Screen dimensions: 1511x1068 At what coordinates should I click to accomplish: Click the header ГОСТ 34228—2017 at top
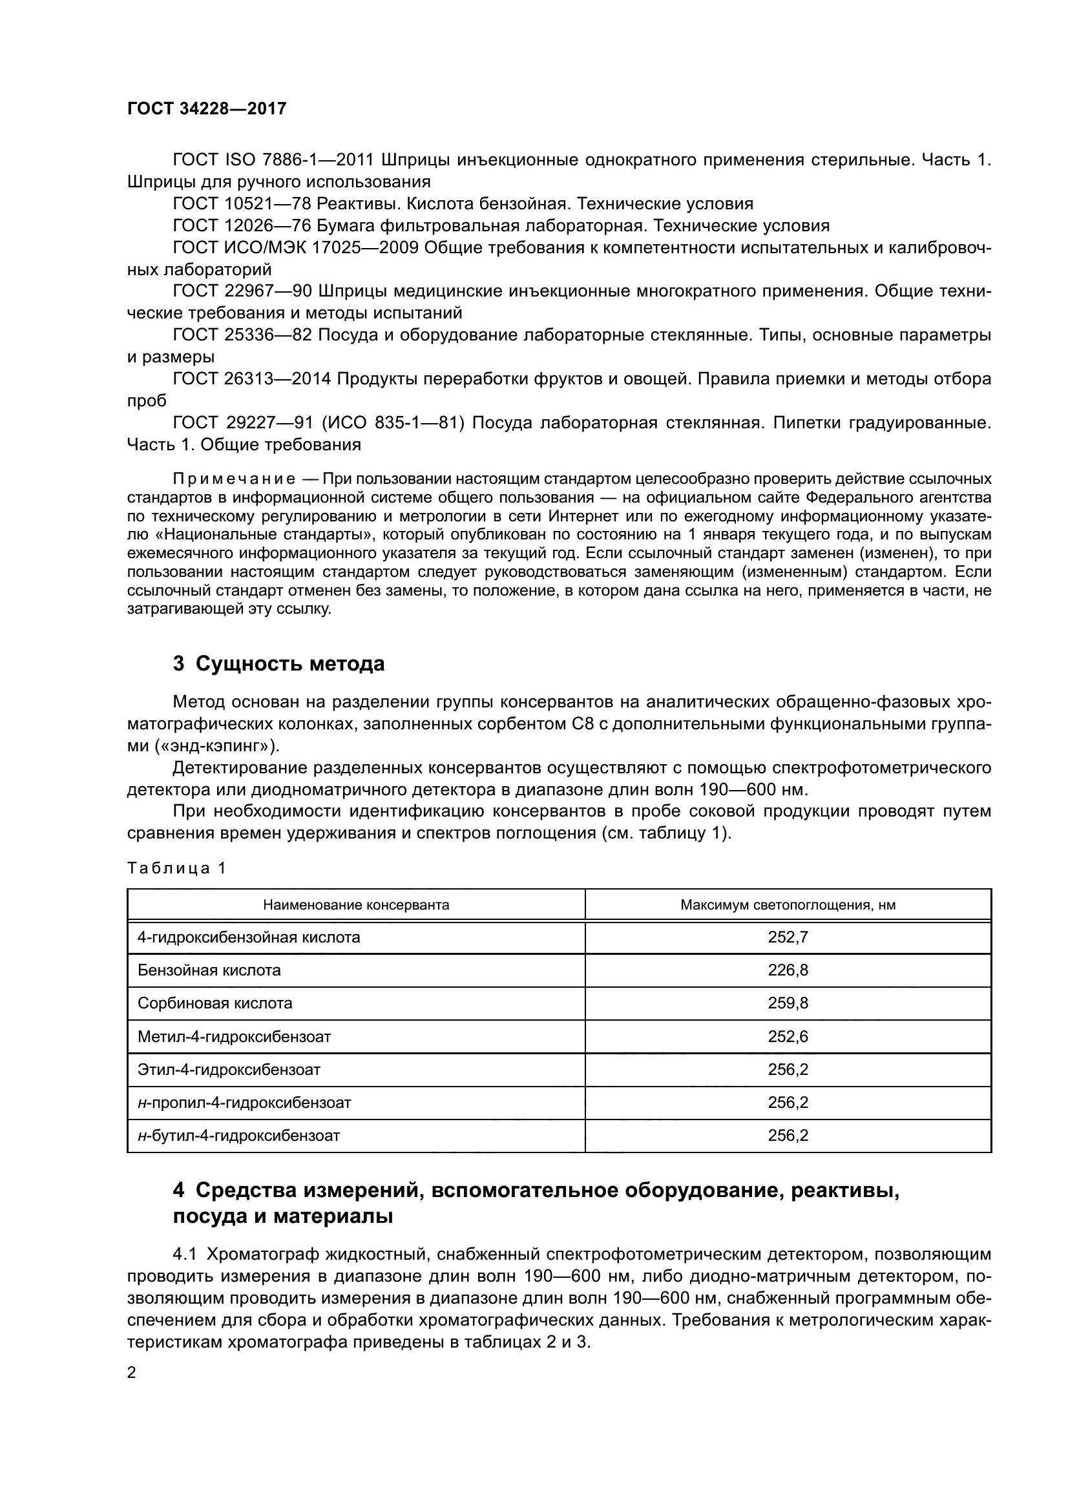tap(207, 109)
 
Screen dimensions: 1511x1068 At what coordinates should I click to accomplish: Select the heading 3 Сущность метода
tap(278, 663)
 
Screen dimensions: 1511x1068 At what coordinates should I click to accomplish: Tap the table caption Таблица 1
tap(176, 868)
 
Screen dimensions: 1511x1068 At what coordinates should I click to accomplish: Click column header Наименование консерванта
tap(356, 905)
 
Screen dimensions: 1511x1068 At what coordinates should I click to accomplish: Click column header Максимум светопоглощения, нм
tap(788, 905)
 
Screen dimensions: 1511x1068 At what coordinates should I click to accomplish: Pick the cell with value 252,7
tap(788, 937)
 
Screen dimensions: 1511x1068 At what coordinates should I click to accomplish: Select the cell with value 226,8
tap(788, 970)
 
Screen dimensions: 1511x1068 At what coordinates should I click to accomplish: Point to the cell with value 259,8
tap(788, 1003)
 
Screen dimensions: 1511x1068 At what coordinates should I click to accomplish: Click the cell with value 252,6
tap(788, 1036)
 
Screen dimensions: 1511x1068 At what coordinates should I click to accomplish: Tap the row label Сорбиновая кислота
tap(215, 1003)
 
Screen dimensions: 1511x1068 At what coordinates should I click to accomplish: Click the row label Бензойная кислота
tap(209, 970)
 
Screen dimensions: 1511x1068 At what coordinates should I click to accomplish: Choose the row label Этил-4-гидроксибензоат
tap(228, 1069)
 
